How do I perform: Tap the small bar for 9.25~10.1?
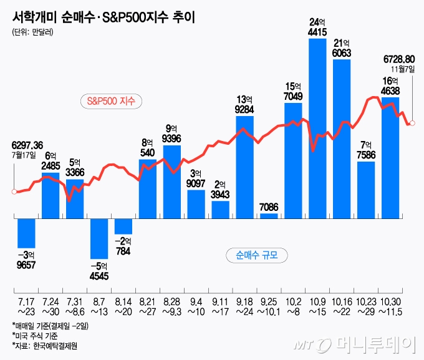pyautogui.click(x=269, y=215)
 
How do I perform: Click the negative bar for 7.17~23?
pyautogui.click(x=26, y=233)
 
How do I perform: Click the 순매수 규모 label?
pyautogui.click(x=256, y=255)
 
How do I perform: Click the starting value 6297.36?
pyautogui.click(x=27, y=145)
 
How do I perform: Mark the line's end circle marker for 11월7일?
pyautogui.click(x=412, y=124)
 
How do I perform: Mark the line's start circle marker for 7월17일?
pyautogui.click(x=14, y=192)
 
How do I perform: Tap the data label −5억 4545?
pyautogui.click(x=99, y=271)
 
